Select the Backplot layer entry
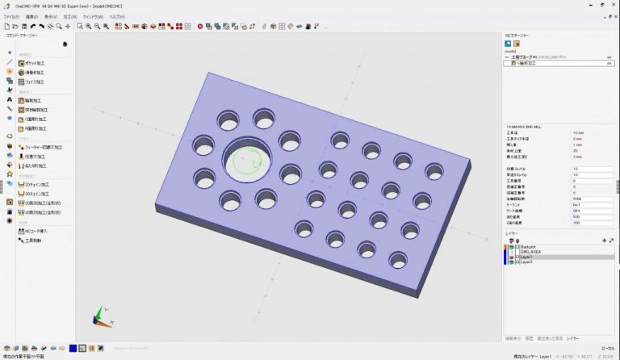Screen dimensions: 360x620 click(529, 247)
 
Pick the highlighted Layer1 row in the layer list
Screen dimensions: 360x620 click(528, 257)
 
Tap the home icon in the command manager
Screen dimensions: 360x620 click(65, 44)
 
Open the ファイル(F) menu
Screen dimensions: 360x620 click(11, 16)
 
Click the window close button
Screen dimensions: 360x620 click(612, 5)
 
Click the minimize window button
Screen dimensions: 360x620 click(581, 5)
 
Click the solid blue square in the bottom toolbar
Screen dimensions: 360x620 click(73, 348)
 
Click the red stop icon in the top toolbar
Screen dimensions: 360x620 click(199, 26)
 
